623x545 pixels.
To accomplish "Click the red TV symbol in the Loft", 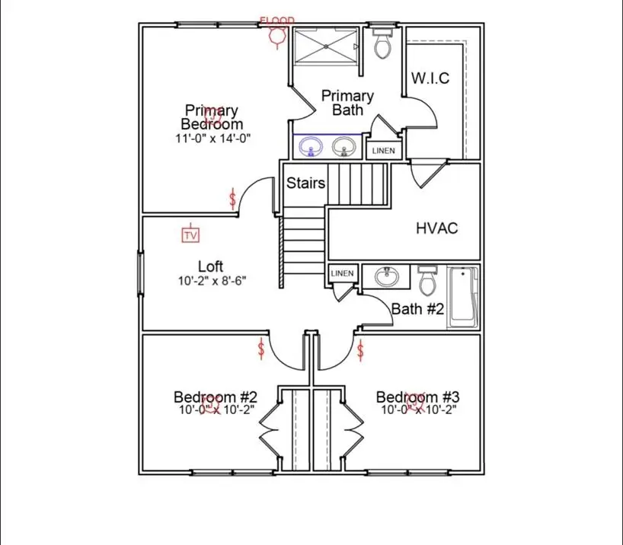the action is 190,234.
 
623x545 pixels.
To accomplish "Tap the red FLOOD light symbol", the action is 277,33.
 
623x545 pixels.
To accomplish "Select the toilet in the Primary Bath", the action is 383,43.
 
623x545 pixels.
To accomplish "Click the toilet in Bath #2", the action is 427,280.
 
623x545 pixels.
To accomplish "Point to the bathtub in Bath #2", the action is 463,297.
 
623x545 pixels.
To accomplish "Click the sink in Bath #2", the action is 387,276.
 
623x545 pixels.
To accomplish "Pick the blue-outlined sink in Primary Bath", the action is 311,147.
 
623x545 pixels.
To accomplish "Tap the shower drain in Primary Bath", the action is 326,46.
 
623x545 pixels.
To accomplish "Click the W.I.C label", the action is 430,78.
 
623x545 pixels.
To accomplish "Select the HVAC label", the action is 437,228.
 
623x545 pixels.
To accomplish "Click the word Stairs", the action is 305,183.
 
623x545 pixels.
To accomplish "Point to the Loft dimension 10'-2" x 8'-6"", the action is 212,281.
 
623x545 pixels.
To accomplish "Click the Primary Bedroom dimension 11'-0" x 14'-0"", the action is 213,139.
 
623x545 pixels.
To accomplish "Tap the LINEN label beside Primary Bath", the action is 383,151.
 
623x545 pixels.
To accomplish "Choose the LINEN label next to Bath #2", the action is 342,273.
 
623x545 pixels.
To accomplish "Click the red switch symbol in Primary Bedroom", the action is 232,199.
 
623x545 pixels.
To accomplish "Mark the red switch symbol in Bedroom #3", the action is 360,350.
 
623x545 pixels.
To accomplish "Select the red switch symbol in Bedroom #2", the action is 261,349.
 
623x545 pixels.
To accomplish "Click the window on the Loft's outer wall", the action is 140,273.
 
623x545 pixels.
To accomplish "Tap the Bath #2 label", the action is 417,308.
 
